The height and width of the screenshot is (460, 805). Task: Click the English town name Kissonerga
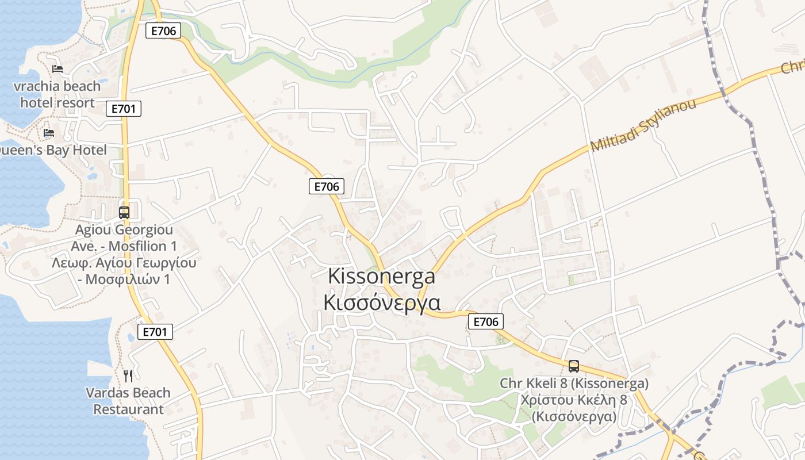[x=381, y=276]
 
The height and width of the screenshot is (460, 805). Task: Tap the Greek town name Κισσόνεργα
[x=382, y=302]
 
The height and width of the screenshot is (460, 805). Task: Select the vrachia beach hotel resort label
[x=57, y=95]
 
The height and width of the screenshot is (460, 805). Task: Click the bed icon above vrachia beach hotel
[x=57, y=69]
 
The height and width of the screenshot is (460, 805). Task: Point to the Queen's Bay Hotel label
[x=52, y=150]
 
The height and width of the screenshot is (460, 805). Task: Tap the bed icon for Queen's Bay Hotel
[x=49, y=133]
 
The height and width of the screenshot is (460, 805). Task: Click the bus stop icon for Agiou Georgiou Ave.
[x=124, y=212]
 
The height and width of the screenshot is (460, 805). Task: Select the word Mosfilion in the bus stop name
[x=137, y=246]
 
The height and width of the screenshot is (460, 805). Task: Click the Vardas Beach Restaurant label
[x=128, y=401]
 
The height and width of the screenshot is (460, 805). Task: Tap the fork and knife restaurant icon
[x=128, y=376]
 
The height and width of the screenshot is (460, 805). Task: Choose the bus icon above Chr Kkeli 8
[x=573, y=366]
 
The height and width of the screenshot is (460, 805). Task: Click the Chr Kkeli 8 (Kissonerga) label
[x=574, y=383]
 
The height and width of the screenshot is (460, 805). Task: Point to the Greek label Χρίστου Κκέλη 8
[x=574, y=400]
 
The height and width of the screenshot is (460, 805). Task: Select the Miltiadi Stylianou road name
[x=643, y=125]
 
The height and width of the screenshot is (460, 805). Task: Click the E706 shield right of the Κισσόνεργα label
[x=486, y=321]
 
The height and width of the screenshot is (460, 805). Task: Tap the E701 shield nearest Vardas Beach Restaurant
[x=155, y=331]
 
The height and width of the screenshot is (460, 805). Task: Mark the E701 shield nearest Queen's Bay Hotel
[x=124, y=109]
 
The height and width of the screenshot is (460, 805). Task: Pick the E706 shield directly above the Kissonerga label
[x=327, y=186]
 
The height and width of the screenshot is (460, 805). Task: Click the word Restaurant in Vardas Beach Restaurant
[x=128, y=409]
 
